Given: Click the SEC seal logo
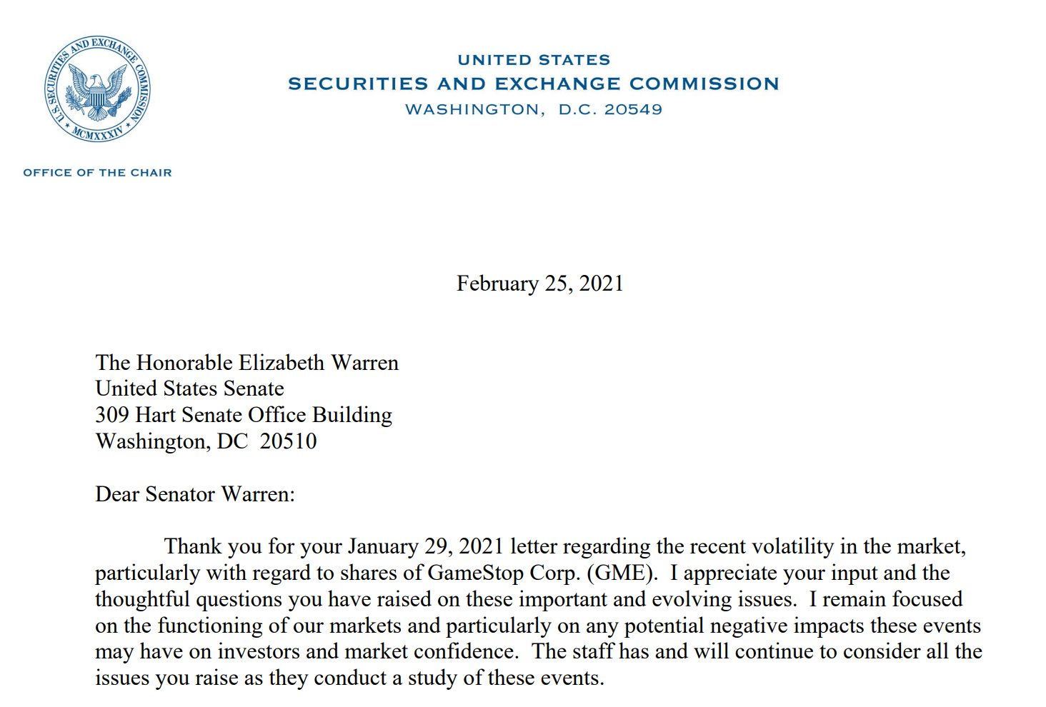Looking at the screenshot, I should click(x=97, y=89).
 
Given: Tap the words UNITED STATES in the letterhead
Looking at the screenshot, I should click(x=534, y=60).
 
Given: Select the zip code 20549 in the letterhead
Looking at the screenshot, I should click(x=633, y=110).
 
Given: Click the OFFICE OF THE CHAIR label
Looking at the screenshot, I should click(x=97, y=173).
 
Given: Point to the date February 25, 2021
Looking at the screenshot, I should click(x=539, y=284).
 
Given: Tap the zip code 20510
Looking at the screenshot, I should click(x=288, y=441).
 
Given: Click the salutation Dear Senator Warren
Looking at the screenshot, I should click(x=194, y=494).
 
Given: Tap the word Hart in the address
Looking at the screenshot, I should click(x=155, y=415).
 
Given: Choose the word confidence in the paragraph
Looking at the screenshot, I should click(x=465, y=651).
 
